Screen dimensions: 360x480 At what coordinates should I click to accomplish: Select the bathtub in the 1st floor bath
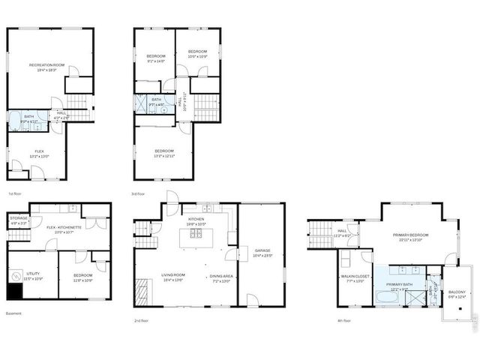(x=15, y=121)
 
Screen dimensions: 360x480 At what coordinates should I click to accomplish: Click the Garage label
(x=262, y=252)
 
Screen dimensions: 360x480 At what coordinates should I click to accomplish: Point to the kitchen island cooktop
(x=196, y=233)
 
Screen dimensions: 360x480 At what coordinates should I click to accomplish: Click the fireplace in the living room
(x=143, y=288)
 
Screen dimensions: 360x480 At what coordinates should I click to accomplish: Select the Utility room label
(x=34, y=275)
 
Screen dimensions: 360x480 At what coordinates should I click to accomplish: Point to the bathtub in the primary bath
(x=388, y=297)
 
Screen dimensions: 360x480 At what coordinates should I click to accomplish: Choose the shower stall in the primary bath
(x=415, y=298)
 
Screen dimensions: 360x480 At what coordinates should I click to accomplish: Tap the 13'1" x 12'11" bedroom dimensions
(x=163, y=155)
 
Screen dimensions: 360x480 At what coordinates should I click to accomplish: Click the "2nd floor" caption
(x=142, y=320)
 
